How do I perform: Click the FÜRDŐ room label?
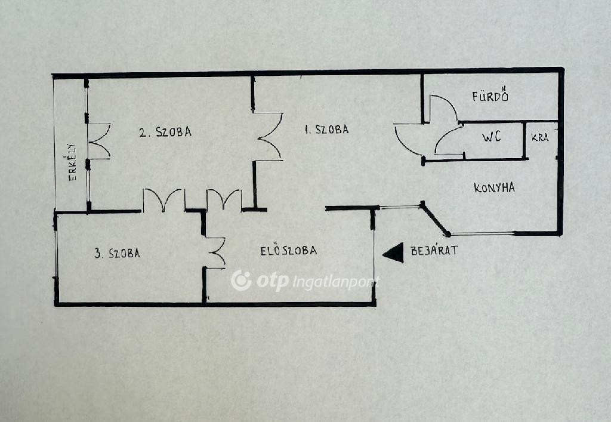click(x=490, y=96)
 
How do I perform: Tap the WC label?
click(x=492, y=137)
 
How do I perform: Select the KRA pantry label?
click(x=540, y=137)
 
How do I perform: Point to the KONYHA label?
click(x=494, y=188)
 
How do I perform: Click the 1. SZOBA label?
click(x=326, y=130)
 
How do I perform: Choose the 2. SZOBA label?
click(x=166, y=132)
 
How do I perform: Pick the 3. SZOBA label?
click(x=117, y=253)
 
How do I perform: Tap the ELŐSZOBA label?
click(x=288, y=250)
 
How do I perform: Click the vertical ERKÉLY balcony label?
click(x=72, y=162)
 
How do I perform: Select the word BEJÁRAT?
click(x=434, y=250)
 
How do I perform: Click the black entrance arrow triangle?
click(x=393, y=253)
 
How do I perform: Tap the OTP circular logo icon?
click(x=241, y=281)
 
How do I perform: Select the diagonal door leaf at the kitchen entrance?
click(x=435, y=219)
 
